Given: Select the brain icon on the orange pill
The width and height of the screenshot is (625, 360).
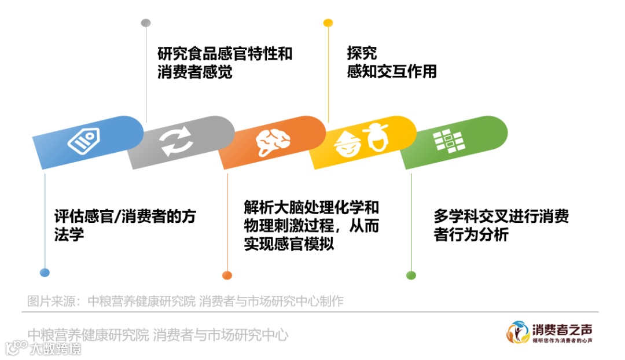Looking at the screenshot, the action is point(271,141).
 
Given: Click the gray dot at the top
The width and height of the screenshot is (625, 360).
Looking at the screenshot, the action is point(146,23).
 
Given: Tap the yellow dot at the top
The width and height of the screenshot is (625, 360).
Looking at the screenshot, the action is point(328,23).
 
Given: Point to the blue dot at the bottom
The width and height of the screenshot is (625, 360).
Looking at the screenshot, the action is point(45,273).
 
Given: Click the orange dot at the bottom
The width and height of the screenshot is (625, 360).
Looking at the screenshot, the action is point(227,275).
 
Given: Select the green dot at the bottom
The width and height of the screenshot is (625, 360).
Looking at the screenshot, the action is point(411,275).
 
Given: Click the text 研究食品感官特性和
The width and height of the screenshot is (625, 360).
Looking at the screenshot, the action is point(225,54).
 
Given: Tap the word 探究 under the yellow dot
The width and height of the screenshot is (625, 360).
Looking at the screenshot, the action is point(362,53).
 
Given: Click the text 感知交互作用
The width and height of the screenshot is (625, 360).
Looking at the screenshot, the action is point(391,72).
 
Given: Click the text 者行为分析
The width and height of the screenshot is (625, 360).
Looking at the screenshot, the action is point(470,235).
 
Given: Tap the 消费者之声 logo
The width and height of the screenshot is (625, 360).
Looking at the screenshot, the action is point(550,332).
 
